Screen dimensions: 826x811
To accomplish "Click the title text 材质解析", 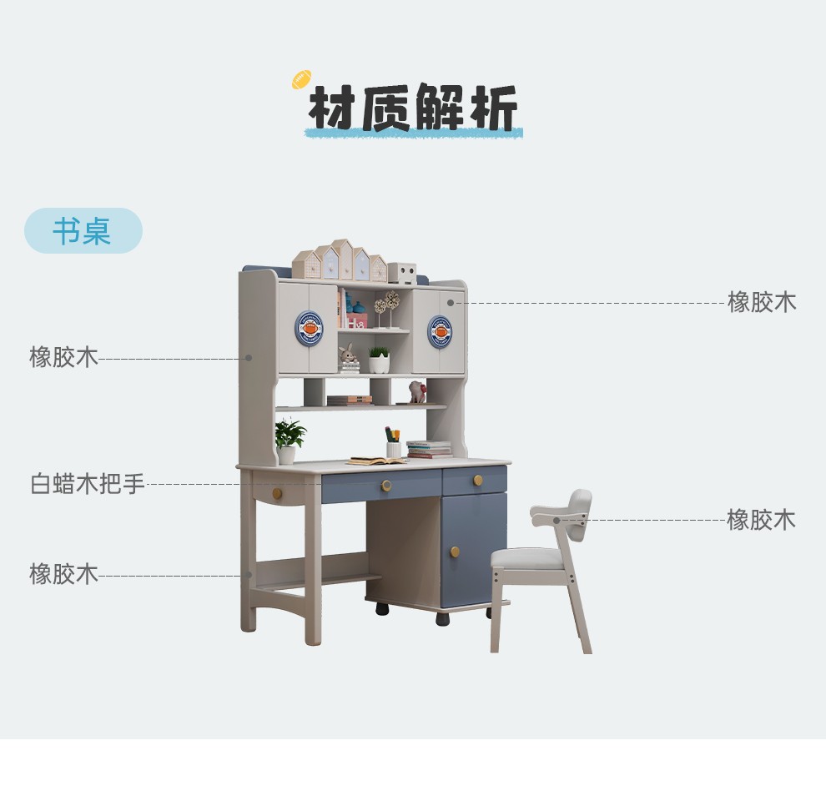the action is [x=413, y=108].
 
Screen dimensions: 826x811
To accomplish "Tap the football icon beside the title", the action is [x=301, y=79].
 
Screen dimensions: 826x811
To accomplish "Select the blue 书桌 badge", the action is [x=83, y=231].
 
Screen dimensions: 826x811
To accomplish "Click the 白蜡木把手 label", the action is [x=88, y=483].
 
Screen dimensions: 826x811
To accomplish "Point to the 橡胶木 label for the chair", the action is [x=761, y=520].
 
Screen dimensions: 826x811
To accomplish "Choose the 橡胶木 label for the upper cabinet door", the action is [x=762, y=301].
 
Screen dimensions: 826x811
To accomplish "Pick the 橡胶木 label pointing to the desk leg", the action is [x=64, y=574].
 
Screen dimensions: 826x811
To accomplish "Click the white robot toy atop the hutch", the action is [x=402, y=273].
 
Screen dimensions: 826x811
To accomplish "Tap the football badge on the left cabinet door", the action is [x=309, y=329].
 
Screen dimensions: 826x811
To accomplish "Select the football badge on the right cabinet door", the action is [x=440, y=331].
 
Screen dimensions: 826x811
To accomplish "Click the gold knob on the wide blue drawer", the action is [x=385, y=486].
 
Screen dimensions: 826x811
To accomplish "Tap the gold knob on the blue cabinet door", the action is [x=455, y=552].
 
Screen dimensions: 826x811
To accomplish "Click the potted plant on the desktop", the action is [x=288, y=441].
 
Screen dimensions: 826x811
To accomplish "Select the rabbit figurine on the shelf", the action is [x=348, y=356].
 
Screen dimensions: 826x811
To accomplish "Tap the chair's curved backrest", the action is [x=577, y=504].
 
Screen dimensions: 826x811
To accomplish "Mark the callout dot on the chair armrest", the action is [x=557, y=520].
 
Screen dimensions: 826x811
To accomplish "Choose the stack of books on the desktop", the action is [x=430, y=450].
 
